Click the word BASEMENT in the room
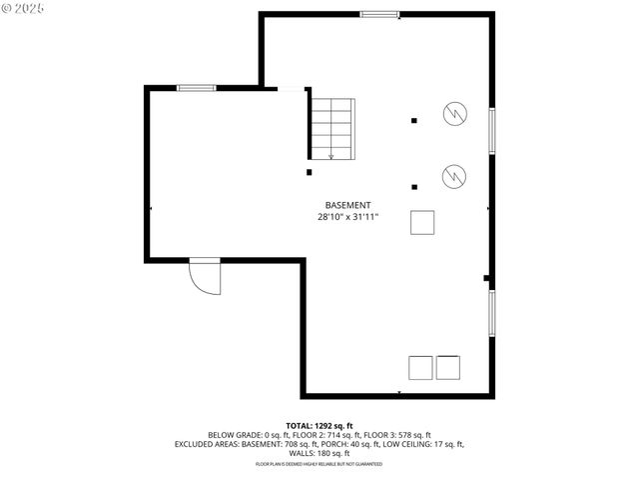coord(347,204)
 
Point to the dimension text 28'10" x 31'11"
coord(347,216)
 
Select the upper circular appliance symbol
coord(454,113)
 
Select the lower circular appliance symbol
coord(454,176)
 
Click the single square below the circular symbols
coord(422,222)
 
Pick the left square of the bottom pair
coord(420,367)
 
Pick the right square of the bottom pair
coord(448,367)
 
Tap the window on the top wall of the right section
coord(379,14)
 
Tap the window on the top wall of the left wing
coord(197,88)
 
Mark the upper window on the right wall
coord(491,130)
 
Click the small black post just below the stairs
coord(310,172)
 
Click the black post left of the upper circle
coord(413,121)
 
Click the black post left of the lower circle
coord(413,185)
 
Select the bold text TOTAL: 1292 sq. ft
coord(319,426)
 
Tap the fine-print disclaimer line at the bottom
coord(319,464)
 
